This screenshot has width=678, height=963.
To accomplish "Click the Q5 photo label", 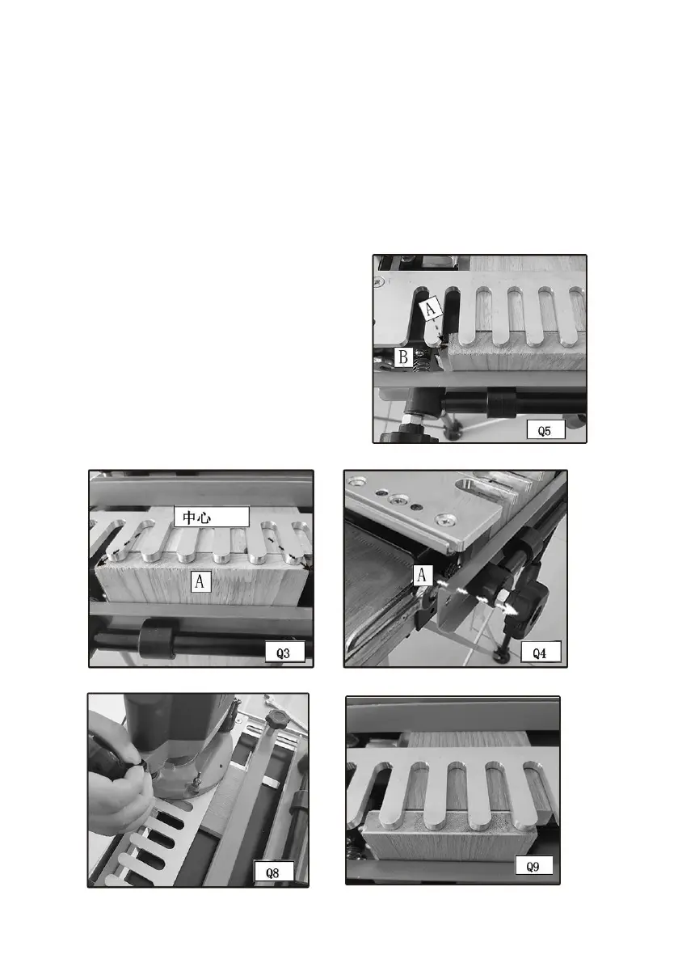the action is (x=545, y=430).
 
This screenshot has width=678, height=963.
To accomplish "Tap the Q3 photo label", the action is (x=284, y=653).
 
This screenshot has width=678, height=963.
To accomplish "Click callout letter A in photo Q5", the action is (x=431, y=308).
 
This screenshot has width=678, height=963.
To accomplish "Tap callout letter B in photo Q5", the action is (x=403, y=357).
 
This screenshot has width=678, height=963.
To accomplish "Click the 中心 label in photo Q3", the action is (x=211, y=517).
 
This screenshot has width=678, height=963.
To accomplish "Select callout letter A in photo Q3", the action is (x=200, y=581).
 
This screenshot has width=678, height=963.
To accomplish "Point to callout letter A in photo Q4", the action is (x=422, y=575).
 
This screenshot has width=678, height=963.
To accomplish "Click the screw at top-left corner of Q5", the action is (x=378, y=282).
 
